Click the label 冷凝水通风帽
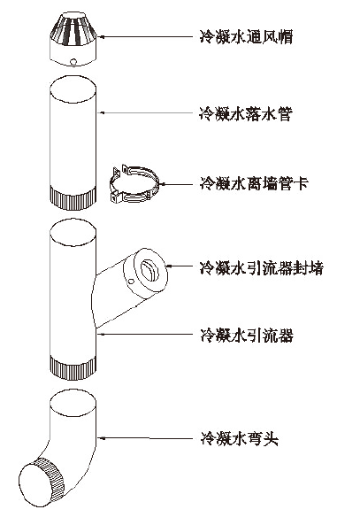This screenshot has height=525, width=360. coord(246,37)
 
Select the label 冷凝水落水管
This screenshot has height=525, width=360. coord(246,114)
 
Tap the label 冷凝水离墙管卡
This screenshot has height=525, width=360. coord(254,183)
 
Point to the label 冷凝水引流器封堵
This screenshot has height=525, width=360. coord(261,268)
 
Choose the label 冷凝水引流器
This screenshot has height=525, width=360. coord(247,335)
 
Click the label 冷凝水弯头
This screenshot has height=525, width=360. coord(239,438)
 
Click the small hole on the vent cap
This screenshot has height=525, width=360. coord(73,61)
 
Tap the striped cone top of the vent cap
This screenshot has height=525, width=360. coord(73,29)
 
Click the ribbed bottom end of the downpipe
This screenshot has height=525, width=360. coord(73,198)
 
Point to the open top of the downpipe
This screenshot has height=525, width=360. coord(73,89)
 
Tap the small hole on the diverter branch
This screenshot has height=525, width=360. coord(131,282)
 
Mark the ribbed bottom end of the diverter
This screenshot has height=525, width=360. coord(73,367)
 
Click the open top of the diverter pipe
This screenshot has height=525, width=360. coord(73,232)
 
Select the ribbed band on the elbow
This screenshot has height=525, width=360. coord(50,480)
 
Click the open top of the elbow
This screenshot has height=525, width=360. coord(73,403)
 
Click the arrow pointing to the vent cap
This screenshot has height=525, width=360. coord(146,36)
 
